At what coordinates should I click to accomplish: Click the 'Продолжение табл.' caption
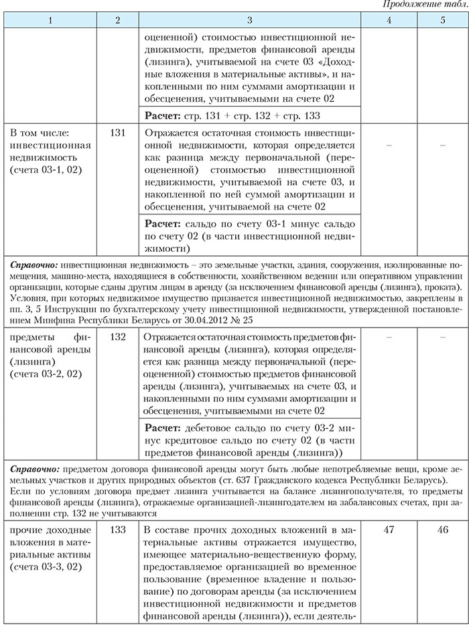424,5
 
